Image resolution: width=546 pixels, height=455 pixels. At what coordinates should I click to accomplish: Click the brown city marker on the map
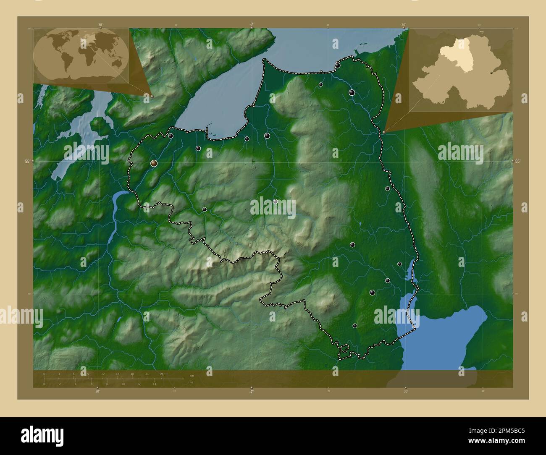[x=154, y=163]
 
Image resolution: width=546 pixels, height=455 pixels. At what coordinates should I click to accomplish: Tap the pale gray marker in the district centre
[x=275, y=201]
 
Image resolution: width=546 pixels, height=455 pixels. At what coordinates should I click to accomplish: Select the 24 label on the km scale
[x=162, y=374]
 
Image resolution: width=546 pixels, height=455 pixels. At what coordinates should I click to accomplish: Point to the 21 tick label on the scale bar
[x=147, y=374]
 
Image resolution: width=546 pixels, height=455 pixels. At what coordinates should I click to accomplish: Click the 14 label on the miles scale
[x=155, y=384]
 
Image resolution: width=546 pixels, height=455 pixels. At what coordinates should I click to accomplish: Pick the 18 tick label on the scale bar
[x=132, y=374]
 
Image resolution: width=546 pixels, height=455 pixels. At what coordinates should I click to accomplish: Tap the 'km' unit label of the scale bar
[x=192, y=375]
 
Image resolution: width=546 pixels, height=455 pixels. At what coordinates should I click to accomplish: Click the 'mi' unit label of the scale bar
[x=191, y=383]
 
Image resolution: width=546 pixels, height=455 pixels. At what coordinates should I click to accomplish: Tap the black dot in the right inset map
[x=492, y=73]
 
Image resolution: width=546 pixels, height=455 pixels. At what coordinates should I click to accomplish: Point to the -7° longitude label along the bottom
[x=251, y=392]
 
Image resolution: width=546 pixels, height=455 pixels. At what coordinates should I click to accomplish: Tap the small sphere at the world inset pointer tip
[x=152, y=96]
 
